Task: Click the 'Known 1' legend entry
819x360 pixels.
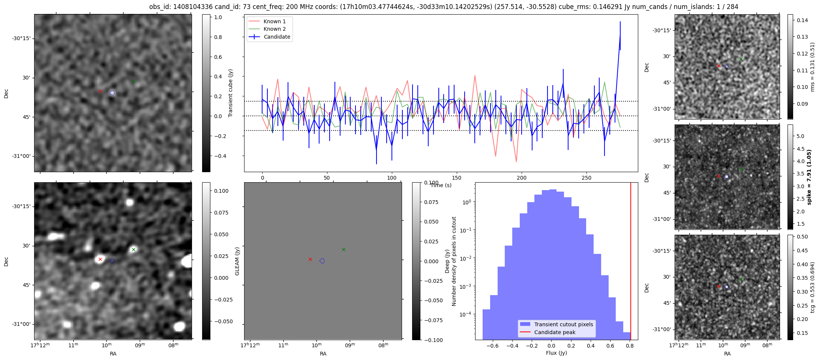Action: [274, 21]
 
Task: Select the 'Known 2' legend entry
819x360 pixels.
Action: [274, 29]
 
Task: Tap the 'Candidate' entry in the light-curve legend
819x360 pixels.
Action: [277, 37]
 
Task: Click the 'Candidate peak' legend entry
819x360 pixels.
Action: [555, 332]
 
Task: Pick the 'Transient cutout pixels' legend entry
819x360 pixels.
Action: [564, 324]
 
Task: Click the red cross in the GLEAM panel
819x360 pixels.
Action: [310, 259]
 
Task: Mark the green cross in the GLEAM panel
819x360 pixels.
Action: [343, 249]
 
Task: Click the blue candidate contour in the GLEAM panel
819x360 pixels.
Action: [322, 261]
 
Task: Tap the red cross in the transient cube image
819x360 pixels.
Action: [100, 91]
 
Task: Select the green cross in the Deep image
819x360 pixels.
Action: [133, 249]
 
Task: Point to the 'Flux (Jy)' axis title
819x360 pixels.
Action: [556, 353]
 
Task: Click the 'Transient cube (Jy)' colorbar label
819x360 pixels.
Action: [231, 93]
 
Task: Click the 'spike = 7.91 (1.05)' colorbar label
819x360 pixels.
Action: [809, 177]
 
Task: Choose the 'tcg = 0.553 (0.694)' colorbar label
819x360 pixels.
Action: [813, 287]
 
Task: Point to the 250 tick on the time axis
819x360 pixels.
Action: [586, 178]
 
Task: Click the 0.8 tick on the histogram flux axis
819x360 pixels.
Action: [630, 346]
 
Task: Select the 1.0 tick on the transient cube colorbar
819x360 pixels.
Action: [218, 17]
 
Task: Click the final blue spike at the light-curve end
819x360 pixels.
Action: [620, 36]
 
